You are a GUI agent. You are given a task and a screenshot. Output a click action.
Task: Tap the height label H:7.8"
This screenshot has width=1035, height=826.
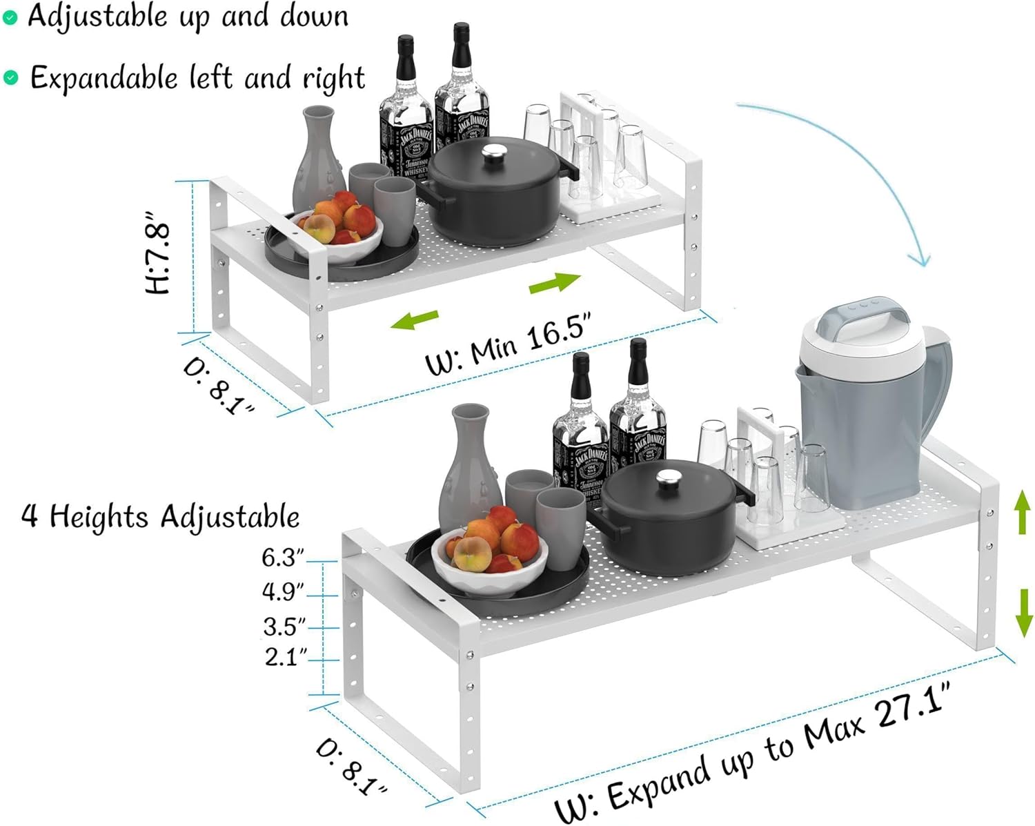159,257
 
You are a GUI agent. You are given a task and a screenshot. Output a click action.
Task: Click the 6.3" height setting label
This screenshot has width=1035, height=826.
283,558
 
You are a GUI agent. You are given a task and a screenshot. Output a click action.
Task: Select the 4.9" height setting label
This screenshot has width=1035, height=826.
283,591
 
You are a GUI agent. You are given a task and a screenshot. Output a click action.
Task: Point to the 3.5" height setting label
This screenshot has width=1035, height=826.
284,627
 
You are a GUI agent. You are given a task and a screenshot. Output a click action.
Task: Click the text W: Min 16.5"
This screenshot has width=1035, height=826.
509,344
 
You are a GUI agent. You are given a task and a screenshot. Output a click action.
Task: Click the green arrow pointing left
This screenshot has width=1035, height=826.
414,319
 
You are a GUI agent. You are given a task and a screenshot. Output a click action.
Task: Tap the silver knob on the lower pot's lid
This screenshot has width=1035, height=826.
668,478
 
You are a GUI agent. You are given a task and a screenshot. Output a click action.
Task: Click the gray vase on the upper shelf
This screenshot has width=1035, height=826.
319,159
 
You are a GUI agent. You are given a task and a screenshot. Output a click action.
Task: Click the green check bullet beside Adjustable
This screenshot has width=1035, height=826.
10,18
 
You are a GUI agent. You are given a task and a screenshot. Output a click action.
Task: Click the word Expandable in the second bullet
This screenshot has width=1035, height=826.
103,78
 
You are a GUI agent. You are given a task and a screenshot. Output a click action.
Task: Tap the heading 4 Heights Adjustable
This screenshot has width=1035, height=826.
160,516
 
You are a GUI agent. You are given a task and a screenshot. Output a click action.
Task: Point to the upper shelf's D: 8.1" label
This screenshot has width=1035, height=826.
218,386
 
